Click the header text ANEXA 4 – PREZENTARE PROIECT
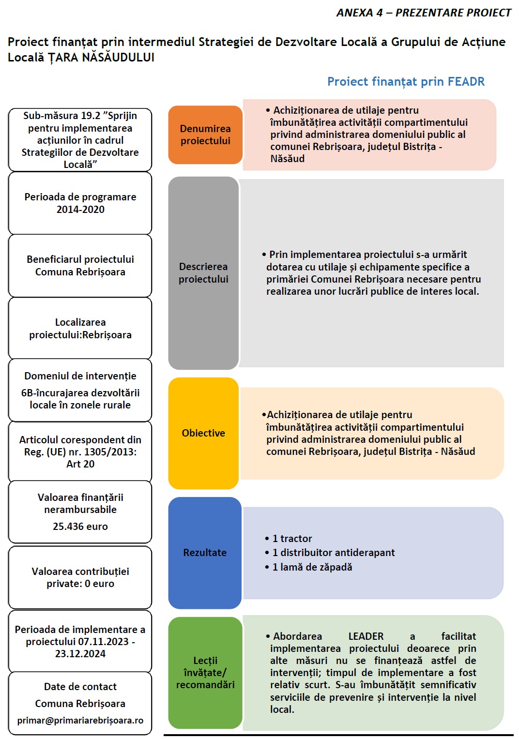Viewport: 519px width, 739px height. coord(424,13)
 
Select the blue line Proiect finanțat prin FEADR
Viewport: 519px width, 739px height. coord(406,81)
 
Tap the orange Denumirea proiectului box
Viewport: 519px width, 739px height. coord(205,135)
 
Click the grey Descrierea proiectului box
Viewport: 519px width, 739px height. coord(203,273)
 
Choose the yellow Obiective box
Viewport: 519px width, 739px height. coord(203,433)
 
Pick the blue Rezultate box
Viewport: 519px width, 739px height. coord(205,553)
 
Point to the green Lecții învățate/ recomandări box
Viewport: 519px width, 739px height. coord(205,672)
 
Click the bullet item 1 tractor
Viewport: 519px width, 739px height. coord(292,539)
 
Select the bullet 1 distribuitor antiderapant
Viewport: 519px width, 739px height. coord(333,553)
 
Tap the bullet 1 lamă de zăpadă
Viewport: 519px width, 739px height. coord(312,567)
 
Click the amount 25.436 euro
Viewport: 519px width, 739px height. coord(80,527)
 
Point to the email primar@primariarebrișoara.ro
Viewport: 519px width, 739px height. coord(80,721)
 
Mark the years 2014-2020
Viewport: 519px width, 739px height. coord(80,210)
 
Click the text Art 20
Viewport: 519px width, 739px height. coord(80,464)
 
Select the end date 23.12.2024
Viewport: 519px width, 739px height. coord(80,654)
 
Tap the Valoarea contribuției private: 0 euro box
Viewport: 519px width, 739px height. coord(80,577)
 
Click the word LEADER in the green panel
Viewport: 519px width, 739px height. coord(366,636)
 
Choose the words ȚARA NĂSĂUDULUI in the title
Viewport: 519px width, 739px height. coord(101,58)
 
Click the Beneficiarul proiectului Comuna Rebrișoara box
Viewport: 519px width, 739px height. coord(80,266)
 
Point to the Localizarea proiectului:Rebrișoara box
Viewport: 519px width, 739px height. coord(80,329)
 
